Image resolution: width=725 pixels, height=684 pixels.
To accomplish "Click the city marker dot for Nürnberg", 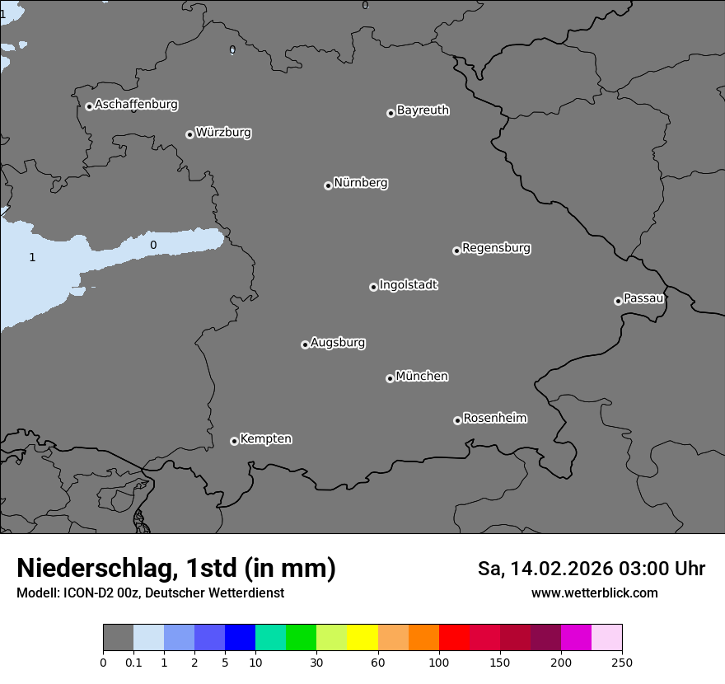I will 328,185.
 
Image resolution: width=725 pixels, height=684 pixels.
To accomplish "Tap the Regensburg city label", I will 496,248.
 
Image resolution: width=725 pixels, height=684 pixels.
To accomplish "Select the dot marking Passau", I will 618,301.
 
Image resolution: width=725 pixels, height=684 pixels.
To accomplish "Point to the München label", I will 422,377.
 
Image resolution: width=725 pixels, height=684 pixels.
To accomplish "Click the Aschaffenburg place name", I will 136,105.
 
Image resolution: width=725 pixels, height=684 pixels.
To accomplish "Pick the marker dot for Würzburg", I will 189,134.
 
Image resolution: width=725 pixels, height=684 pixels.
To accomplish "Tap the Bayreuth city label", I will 423,110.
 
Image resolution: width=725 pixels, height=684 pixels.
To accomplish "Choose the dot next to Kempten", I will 234,441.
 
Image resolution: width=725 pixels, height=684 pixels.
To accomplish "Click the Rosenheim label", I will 494,419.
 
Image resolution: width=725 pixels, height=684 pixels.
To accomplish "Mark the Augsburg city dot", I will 305,344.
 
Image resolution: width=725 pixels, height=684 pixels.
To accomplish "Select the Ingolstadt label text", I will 408,285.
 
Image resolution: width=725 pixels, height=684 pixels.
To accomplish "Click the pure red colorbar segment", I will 454,638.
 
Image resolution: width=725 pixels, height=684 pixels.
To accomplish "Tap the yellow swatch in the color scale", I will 362,638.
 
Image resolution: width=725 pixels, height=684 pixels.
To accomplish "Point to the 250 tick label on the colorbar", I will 622,662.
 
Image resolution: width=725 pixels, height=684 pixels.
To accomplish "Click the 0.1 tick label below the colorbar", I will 133,662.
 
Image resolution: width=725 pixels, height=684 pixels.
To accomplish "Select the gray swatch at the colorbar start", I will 118,638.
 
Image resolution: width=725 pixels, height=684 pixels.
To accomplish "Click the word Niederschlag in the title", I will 94,569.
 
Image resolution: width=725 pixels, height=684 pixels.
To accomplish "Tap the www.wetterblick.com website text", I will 595,593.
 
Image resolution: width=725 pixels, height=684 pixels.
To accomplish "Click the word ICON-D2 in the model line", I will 90,593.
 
